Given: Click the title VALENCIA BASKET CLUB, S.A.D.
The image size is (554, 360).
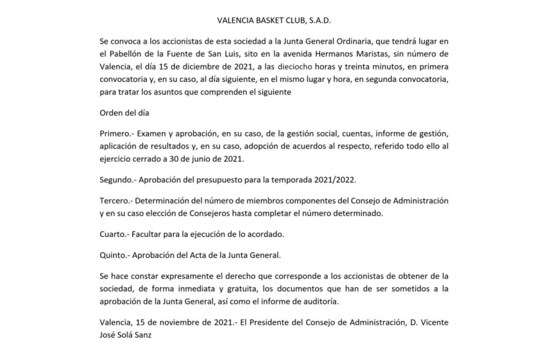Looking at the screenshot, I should point(274,20).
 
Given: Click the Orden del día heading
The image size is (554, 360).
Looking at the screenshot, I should point(125,113).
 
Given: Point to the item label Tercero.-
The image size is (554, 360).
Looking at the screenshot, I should point(116,201).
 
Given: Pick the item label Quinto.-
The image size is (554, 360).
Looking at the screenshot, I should point(115,255).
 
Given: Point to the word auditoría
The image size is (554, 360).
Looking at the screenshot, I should point(320,301).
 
